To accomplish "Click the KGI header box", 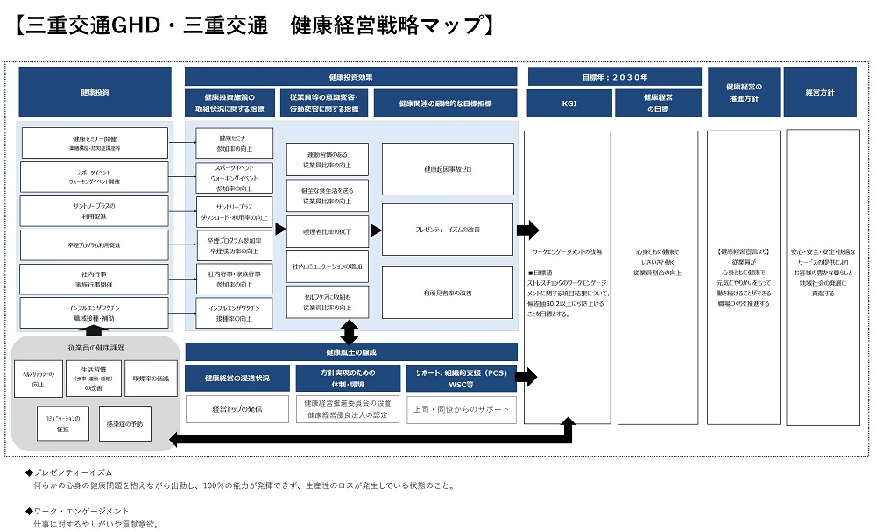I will (x=569, y=103).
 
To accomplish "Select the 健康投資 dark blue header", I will (x=95, y=92).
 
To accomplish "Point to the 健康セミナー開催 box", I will (x=95, y=143).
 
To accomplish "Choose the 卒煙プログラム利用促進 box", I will (x=95, y=245).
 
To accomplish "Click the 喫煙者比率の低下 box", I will (x=328, y=230).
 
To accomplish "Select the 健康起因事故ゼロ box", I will (x=448, y=169).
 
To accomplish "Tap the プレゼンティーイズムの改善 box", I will (x=448, y=230).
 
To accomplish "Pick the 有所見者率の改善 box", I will (x=448, y=292).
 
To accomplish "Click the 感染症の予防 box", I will (x=125, y=424).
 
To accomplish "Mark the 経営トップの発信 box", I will (x=237, y=409).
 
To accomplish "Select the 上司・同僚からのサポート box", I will (x=461, y=409).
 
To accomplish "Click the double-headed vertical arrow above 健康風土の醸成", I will (x=350, y=332).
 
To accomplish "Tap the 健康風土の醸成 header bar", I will (x=350, y=352).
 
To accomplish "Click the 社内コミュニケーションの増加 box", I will (x=328, y=266).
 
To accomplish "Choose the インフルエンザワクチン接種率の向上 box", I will (x=234, y=314).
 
